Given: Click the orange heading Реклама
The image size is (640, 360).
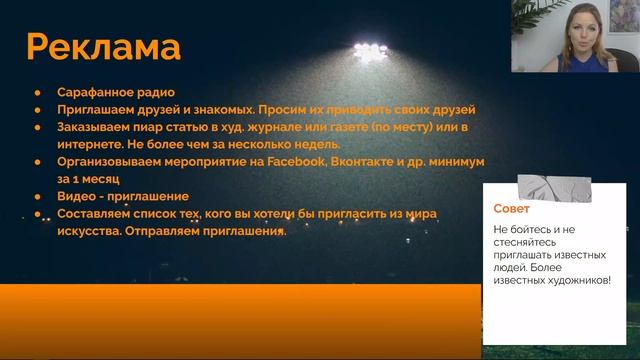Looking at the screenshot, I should (104, 47).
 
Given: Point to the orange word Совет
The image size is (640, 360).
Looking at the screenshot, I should (512, 209).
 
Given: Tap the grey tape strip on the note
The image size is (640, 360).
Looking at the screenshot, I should (547, 186).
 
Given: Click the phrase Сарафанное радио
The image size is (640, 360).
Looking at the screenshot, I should (116, 92).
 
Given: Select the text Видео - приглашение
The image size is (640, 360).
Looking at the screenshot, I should (123, 197).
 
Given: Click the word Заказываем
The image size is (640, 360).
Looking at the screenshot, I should (96, 127).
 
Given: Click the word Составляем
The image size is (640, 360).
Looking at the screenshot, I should (97, 214).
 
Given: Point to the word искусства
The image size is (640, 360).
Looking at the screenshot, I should (91, 231).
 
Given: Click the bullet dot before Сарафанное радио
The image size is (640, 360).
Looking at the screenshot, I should (38, 92).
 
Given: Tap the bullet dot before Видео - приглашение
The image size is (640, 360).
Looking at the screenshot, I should (38, 197).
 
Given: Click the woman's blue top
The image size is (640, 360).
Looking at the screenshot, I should (580, 62).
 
